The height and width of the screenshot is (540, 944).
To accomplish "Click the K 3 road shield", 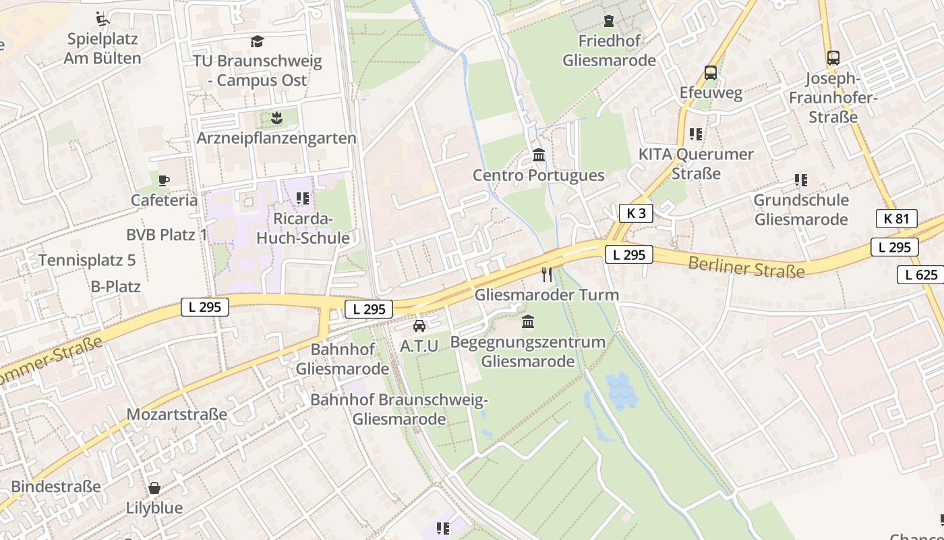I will pyautogui.click(x=636, y=213).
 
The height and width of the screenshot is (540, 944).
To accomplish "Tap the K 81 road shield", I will pyautogui.click(x=896, y=218).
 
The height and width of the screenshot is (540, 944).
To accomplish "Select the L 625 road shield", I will pyautogui.click(x=920, y=275).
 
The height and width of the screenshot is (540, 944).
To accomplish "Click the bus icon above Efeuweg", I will pyautogui.click(x=710, y=73).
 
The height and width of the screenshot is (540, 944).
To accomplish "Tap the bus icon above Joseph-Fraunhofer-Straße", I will pyautogui.click(x=833, y=58).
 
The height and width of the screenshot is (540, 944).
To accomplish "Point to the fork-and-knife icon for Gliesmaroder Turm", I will pyautogui.click(x=547, y=274).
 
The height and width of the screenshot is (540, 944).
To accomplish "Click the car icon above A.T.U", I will pyautogui.click(x=419, y=326).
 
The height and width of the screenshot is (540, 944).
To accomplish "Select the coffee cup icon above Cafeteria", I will pyautogui.click(x=164, y=180).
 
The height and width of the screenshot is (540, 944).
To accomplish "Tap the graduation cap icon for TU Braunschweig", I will pyautogui.click(x=257, y=42).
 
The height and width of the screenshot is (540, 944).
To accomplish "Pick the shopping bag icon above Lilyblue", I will pyautogui.click(x=154, y=487).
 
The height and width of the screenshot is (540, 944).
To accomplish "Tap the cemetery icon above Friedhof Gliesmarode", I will pyautogui.click(x=609, y=21).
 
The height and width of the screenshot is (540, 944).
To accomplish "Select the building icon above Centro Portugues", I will pyautogui.click(x=539, y=156).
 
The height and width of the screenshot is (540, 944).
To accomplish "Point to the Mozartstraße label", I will pyautogui.click(x=177, y=414).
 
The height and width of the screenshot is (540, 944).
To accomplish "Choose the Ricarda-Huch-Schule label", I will pyautogui.click(x=303, y=228).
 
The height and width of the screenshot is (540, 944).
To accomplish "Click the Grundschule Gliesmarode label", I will pyautogui.click(x=800, y=209).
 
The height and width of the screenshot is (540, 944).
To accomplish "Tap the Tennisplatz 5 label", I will pyautogui.click(x=87, y=260).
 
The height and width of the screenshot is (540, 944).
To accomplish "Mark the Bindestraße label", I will pyautogui.click(x=56, y=486).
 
